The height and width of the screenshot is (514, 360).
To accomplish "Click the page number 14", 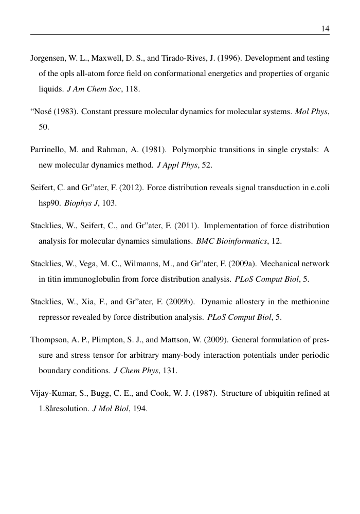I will (x=325, y=29).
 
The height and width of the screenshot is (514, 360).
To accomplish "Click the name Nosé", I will (x=42, y=112).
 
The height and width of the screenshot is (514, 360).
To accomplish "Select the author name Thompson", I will (x=48, y=340).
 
